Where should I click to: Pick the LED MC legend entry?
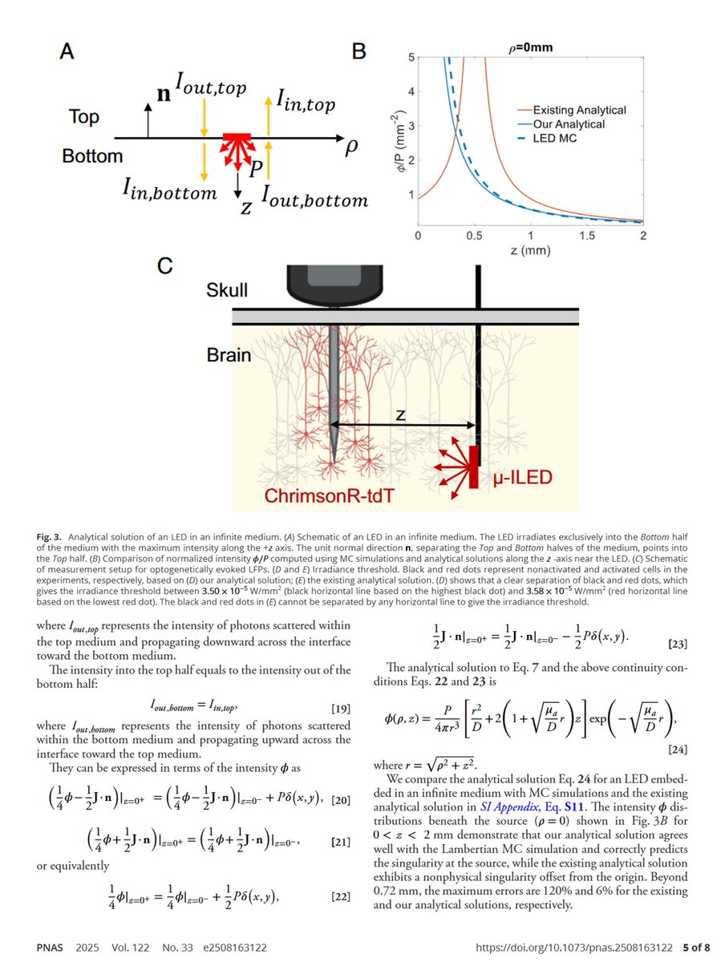click(556, 139)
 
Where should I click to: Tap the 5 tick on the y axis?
click(410, 58)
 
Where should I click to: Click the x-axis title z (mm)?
click(532, 249)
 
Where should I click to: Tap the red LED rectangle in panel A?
click(237, 140)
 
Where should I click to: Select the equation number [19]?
click(340, 707)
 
